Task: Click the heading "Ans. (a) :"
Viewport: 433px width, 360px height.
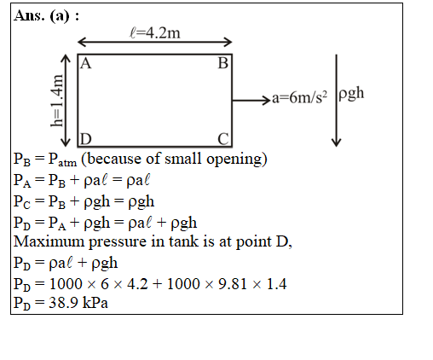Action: click(x=46, y=15)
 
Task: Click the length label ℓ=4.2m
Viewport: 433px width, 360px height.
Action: click(x=155, y=32)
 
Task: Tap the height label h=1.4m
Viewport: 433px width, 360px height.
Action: click(x=56, y=101)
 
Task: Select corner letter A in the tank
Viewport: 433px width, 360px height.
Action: click(x=86, y=63)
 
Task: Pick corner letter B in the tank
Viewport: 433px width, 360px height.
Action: click(x=223, y=63)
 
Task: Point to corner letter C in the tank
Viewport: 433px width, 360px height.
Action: click(x=223, y=139)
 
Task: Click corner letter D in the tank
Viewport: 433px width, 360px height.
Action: click(x=86, y=139)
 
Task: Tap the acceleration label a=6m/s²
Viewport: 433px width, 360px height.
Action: click(x=299, y=97)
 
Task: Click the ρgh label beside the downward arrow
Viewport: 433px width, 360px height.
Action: click(x=351, y=93)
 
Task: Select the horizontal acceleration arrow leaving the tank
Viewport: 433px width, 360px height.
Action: click(x=251, y=101)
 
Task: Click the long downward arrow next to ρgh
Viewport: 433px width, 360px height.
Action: click(x=337, y=101)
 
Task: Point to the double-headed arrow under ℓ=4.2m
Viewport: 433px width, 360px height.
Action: click(x=155, y=42)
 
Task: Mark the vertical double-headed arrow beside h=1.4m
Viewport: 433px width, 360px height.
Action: click(x=66, y=101)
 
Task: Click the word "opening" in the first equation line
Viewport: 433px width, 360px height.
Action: click(x=237, y=160)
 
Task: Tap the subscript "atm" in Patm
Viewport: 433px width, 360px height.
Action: click(x=67, y=163)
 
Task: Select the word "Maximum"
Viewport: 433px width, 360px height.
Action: click(x=49, y=241)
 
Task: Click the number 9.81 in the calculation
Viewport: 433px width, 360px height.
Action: click(x=233, y=284)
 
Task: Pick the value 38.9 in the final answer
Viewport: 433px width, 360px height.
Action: click(x=63, y=303)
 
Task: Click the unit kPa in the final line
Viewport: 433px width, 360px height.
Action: click(x=95, y=303)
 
